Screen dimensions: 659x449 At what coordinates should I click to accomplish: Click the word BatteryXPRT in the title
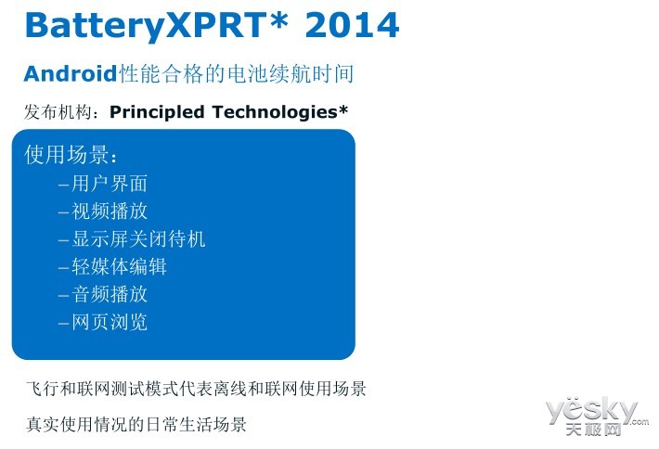[x=146, y=26]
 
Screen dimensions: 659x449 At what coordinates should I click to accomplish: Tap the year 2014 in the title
[x=352, y=25]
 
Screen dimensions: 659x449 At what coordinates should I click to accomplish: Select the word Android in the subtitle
[x=71, y=73]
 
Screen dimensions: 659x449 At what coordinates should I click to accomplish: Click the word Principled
[x=157, y=112]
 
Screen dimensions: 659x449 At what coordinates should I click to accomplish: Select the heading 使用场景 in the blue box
[x=67, y=154]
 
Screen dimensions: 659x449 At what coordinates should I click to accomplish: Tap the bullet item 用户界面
[x=110, y=184]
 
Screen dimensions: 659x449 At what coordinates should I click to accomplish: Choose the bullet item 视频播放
[x=110, y=211]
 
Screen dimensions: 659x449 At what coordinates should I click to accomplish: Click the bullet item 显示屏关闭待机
[x=138, y=238]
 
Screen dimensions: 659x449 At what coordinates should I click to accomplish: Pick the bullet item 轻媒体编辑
[x=119, y=266]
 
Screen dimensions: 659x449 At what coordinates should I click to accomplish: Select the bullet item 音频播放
[x=110, y=293]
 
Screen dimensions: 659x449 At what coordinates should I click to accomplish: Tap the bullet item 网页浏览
[x=110, y=322]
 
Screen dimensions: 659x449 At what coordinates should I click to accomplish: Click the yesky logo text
[x=592, y=410]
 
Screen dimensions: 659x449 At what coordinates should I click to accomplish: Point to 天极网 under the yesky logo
[x=593, y=429]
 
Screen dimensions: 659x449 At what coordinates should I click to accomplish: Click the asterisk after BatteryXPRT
[x=278, y=19]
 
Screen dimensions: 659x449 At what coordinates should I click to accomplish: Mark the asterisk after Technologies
[x=342, y=109]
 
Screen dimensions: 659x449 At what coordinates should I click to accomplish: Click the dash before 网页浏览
[x=63, y=324]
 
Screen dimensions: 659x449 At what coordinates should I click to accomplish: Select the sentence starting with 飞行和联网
[x=196, y=389]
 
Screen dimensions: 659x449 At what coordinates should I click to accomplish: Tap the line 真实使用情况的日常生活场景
[x=136, y=424]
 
